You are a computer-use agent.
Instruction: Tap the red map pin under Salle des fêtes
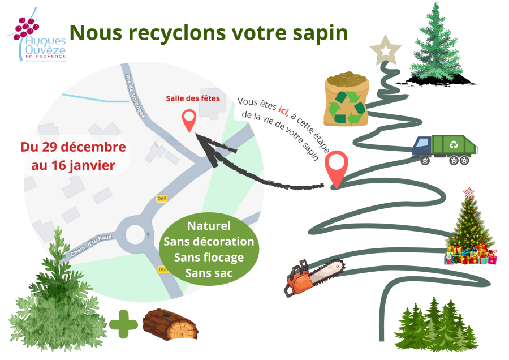click(189, 121)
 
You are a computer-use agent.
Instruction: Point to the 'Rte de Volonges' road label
click(136, 91)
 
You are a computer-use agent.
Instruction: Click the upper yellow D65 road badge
click(162, 199)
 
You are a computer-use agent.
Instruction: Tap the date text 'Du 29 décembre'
click(73, 147)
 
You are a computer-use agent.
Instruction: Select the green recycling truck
click(445, 150)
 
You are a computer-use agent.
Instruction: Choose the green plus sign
click(123, 325)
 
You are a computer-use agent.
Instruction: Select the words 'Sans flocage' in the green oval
click(209, 258)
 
